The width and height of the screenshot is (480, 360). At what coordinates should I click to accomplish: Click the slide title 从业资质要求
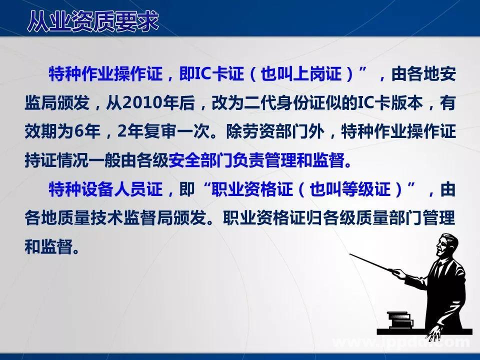(93, 21)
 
